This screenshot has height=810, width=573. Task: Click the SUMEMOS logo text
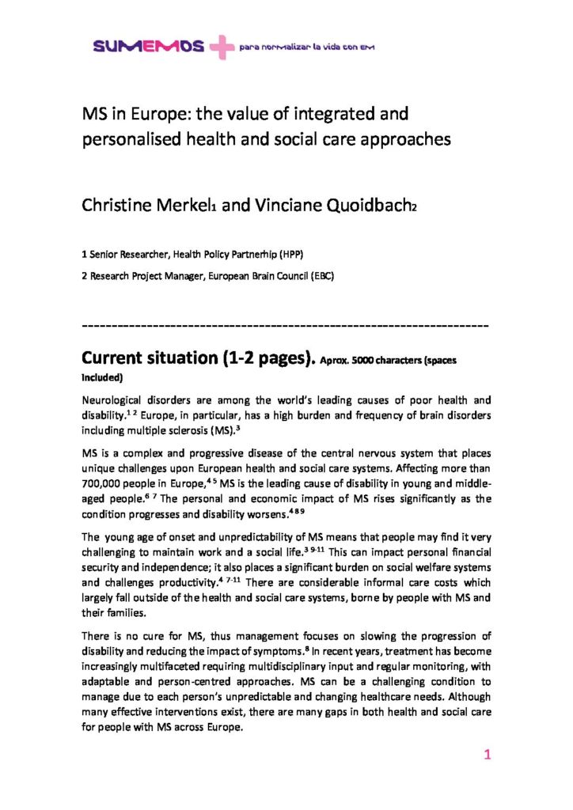click(148, 47)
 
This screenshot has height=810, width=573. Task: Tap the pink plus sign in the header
click(222, 48)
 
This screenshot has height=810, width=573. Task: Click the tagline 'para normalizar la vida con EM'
click(306, 47)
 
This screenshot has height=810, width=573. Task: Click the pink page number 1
click(488, 755)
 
